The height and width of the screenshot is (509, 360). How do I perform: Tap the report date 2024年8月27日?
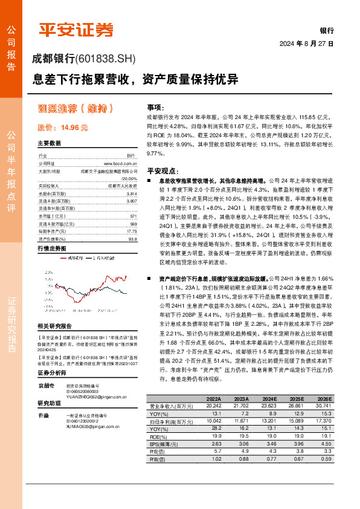(x=306, y=44)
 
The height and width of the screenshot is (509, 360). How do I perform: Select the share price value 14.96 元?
(x=74, y=128)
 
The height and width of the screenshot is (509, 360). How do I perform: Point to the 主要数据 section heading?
(x=49, y=144)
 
